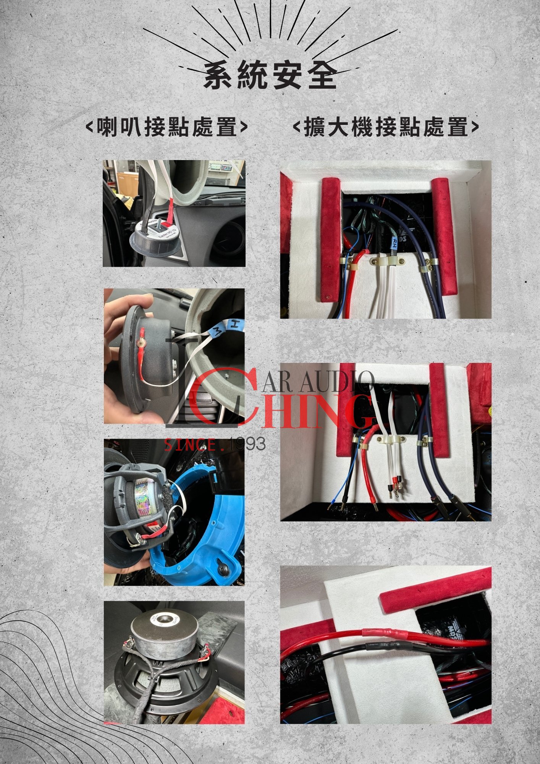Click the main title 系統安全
tap(270, 76)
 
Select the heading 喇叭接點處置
tap(167, 127)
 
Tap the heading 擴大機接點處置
tap(386, 127)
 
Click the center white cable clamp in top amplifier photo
tap(387, 262)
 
